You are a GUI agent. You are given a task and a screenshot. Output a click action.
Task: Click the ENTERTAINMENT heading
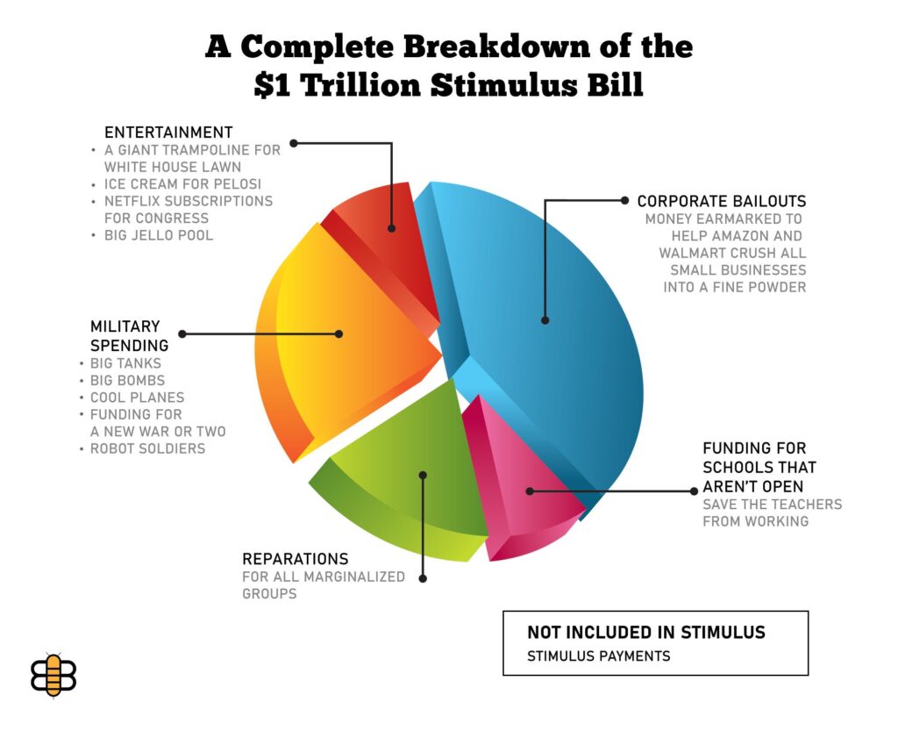point(168,133)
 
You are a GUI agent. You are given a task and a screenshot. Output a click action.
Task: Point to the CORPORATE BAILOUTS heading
point(722,201)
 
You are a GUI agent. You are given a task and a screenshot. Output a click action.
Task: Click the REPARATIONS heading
point(296,559)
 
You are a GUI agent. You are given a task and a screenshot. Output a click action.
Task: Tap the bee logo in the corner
point(53,674)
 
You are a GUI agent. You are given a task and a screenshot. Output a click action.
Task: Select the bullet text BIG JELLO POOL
point(159,235)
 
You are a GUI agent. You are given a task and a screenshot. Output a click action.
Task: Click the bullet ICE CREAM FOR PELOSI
point(182,184)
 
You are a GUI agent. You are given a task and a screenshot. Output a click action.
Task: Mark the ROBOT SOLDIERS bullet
point(147,448)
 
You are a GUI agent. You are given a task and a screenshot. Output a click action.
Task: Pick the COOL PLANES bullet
point(137,398)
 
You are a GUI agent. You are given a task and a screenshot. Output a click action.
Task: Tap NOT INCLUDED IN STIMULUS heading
point(646,632)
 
